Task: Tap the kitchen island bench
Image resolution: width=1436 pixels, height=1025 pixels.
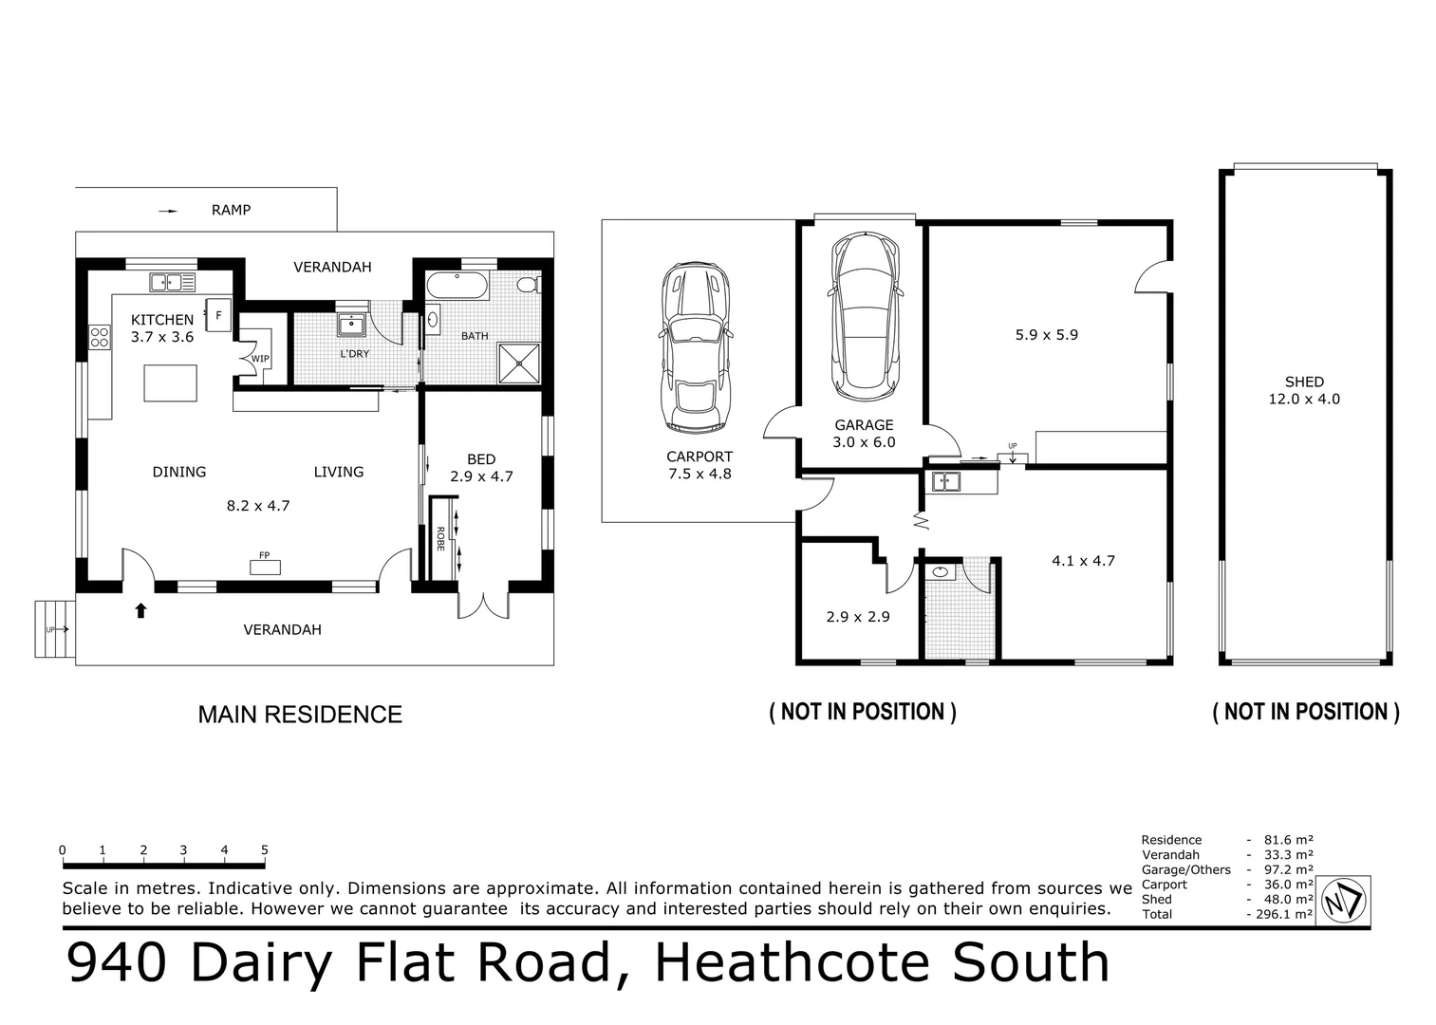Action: click(x=171, y=383)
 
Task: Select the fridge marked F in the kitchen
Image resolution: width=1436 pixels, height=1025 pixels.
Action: click(x=218, y=315)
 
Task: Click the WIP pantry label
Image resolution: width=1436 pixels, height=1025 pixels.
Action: click(x=260, y=359)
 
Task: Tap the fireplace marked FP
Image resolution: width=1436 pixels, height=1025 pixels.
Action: click(x=265, y=567)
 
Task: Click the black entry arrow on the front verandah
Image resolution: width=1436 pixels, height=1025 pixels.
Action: click(x=140, y=610)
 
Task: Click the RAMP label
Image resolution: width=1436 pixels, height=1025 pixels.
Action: click(x=231, y=210)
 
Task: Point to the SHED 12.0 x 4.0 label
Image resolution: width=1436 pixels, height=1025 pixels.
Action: click(x=1304, y=391)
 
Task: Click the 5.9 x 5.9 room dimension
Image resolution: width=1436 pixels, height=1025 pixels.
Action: click(x=1046, y=335)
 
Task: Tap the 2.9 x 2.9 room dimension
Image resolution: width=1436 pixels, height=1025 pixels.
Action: click(x=857, y=617)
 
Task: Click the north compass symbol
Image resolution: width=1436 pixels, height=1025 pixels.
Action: click(x=1344, y=901)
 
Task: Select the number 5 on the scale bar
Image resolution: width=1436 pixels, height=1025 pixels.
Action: click(x=265, y=850)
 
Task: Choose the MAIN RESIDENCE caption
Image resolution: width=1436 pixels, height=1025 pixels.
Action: click(x=300, y=715)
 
